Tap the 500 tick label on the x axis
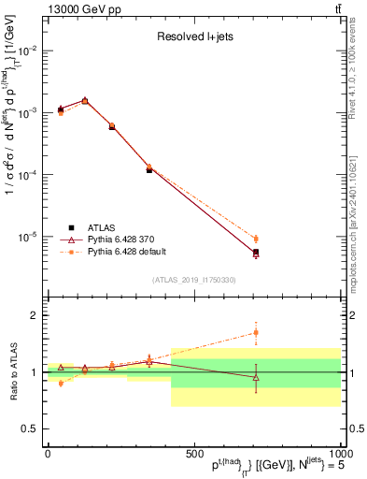(193, 454)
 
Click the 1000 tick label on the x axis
(337, 454)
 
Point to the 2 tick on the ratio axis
(35, 316)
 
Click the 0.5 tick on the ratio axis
(31, 428)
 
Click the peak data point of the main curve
(86, 100)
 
